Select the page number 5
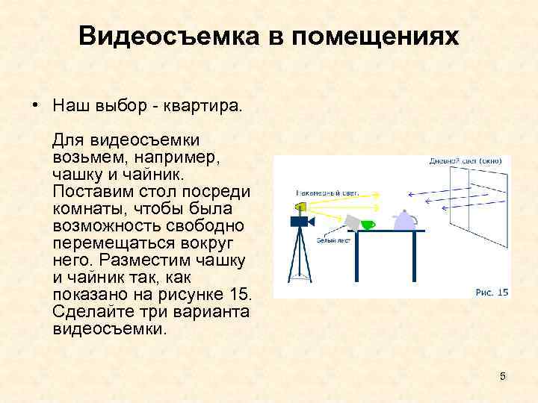[503, 377]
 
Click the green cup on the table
[368, 225]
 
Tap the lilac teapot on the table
[404, 220]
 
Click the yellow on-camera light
[301, 206]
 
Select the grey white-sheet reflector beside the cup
[350, 221]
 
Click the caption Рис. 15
[492, 291]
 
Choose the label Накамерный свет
[327, 192]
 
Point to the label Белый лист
[330, 241]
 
